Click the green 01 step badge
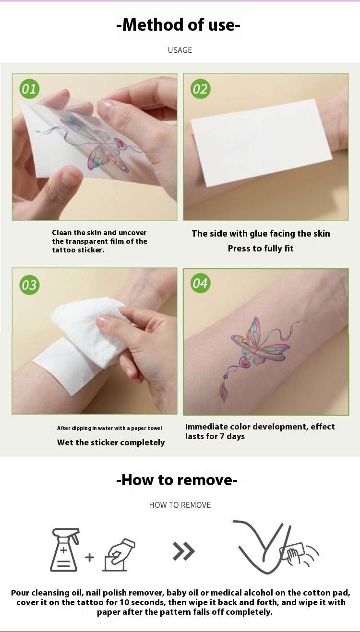pyautogui.click(x=29, y=89)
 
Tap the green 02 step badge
pyautogui.click(x=200, y=89)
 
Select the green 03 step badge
pyautogui.click(x=29, y=285)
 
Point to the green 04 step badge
pyautogui.click(x=200, y=284)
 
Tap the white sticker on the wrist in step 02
pyautogui.click(x=261, y=143)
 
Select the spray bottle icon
pyautogui.click(x=65, y=549)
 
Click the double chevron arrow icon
pyautogui.click(x=184, y=551)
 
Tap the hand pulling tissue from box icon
pyautogui.click(x=119, y=554)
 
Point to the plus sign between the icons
pyautogui.click(x=89, y=557)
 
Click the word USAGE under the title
pyautogui.click(x=180, y=50)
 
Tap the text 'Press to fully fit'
pyautogui.click(x=261, y=249)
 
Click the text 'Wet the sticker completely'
pyautogui.click(x=111, y=442)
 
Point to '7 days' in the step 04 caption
pyautogui.click(x=232, y=437)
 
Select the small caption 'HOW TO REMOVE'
pyautogui.click(x=180, y=505)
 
